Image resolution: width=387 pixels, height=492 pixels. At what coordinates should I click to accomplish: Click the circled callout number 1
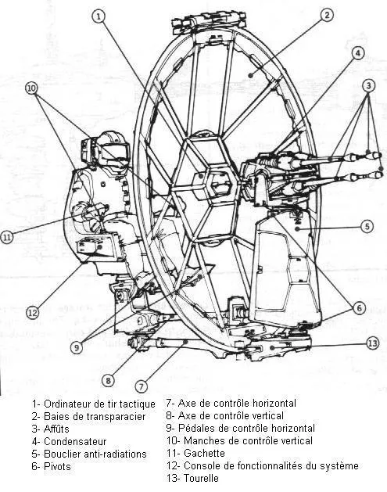[x=98, y=16]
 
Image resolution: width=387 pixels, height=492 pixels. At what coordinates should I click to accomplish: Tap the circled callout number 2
[x=327, y=15]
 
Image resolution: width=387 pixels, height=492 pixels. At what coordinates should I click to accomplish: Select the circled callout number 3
[x=368, y=84]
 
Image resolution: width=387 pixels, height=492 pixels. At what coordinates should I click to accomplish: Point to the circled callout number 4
[x=357, y=53]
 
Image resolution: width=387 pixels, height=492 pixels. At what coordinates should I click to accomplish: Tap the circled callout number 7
[x=142, y=385]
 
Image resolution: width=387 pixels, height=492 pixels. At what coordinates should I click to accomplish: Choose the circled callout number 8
[x=107, y=380]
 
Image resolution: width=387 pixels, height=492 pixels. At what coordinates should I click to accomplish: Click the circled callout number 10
[x=31, y=89]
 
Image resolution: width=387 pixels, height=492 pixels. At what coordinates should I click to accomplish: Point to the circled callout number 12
[x=32, y=312]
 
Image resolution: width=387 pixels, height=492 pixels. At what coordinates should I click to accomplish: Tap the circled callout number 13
[x=372, y=343]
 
